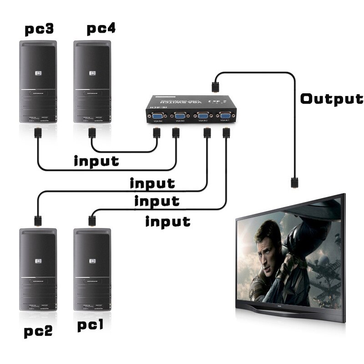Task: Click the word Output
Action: pos(332,99)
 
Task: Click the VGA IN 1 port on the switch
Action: pos(225,118)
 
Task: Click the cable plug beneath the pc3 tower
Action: pos(37,134)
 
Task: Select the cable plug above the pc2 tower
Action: pos(37,220)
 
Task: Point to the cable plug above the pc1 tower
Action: pos(91,220)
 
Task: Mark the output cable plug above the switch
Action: pos(215,85)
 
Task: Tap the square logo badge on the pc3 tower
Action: pos(38,72)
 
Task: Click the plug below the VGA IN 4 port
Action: pos(157,133)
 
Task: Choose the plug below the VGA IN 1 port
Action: pos(226,133)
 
